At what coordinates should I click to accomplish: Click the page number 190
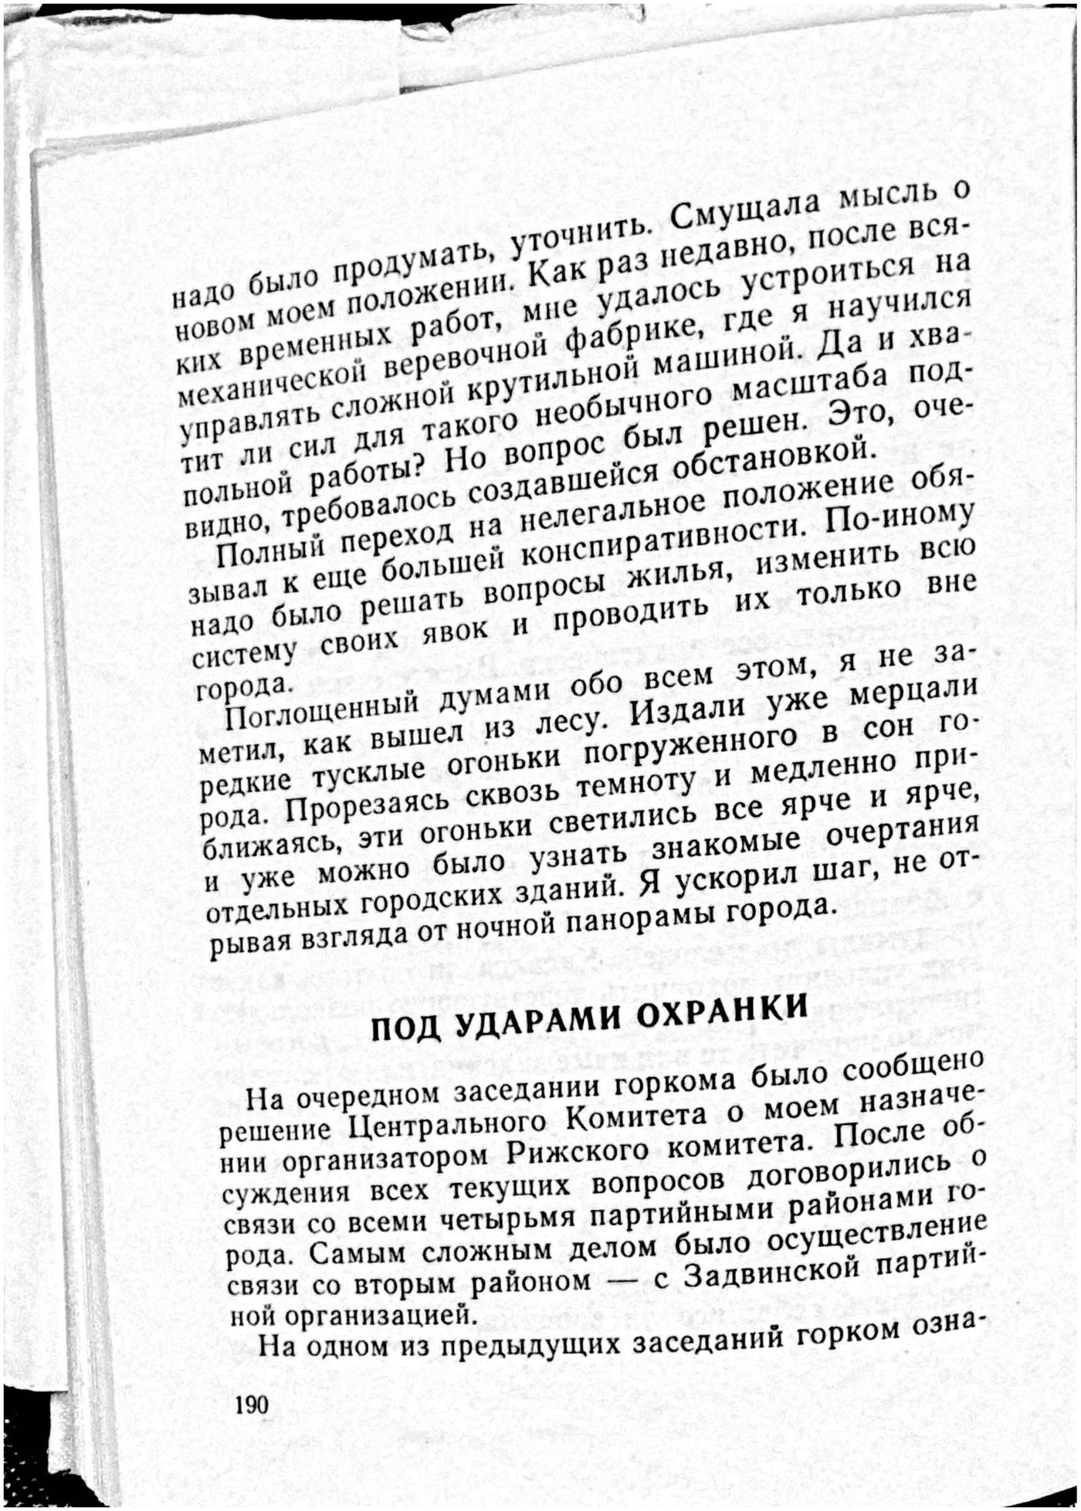(x=252, y=1403)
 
